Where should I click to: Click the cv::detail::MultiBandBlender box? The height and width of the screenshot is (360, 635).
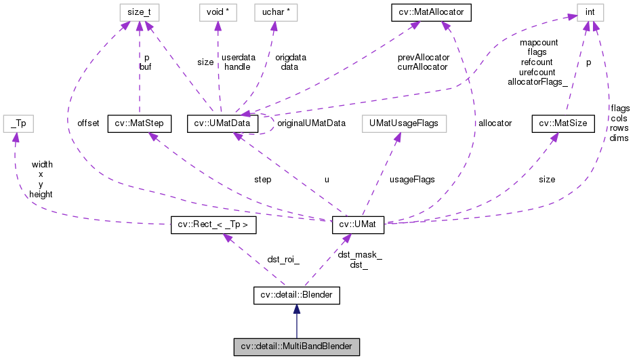pos(296,346)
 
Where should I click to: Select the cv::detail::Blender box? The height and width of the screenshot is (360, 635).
pos(296,295)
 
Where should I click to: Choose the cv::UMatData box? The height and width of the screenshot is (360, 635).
pos(223,123)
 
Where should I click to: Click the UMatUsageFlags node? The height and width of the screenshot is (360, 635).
pos(401,123)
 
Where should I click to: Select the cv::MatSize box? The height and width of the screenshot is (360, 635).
pos(562,123)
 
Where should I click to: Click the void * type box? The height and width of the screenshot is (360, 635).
pos(216,11)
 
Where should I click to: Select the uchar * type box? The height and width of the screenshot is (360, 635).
pos(275,11)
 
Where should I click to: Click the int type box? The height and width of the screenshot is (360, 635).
pos(590,11)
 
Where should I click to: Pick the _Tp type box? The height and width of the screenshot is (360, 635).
pos(18,123)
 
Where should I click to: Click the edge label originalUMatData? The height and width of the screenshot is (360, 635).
pos(312,123)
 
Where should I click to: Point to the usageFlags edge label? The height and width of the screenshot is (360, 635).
pos(412,180)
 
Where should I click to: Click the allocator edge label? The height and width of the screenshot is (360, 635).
pos(495,123)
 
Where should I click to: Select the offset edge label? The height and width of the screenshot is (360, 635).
pos(88,123)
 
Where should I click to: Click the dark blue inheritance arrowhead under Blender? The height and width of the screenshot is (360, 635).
pos(296,310)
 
